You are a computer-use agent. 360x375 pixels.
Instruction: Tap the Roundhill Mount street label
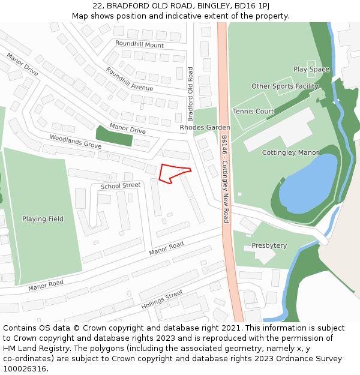tap(139, 45)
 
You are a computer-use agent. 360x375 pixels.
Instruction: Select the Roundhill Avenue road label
tap(129, 79)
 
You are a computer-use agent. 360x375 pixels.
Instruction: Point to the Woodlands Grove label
tap(75, 142)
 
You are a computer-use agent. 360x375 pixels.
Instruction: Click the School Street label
tap(120, 186)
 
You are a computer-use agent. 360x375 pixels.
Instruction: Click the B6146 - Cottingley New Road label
tap(225, 178)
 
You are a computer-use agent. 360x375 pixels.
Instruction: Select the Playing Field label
tap(43, 219)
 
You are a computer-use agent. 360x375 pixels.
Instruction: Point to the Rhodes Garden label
tap(205, 128)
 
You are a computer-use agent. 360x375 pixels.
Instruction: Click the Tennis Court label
tap(253, 112)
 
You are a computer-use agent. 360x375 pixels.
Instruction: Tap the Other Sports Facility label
tap(284, 86)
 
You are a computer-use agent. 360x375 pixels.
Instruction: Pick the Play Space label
tap(311, 70)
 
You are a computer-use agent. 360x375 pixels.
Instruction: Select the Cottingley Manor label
tap(290, 153)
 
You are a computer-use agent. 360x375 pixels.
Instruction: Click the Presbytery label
tap(269, 245)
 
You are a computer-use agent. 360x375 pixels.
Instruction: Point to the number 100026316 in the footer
tap(25, 369)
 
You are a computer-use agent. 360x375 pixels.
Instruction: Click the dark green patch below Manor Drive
tap(114, 136)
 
